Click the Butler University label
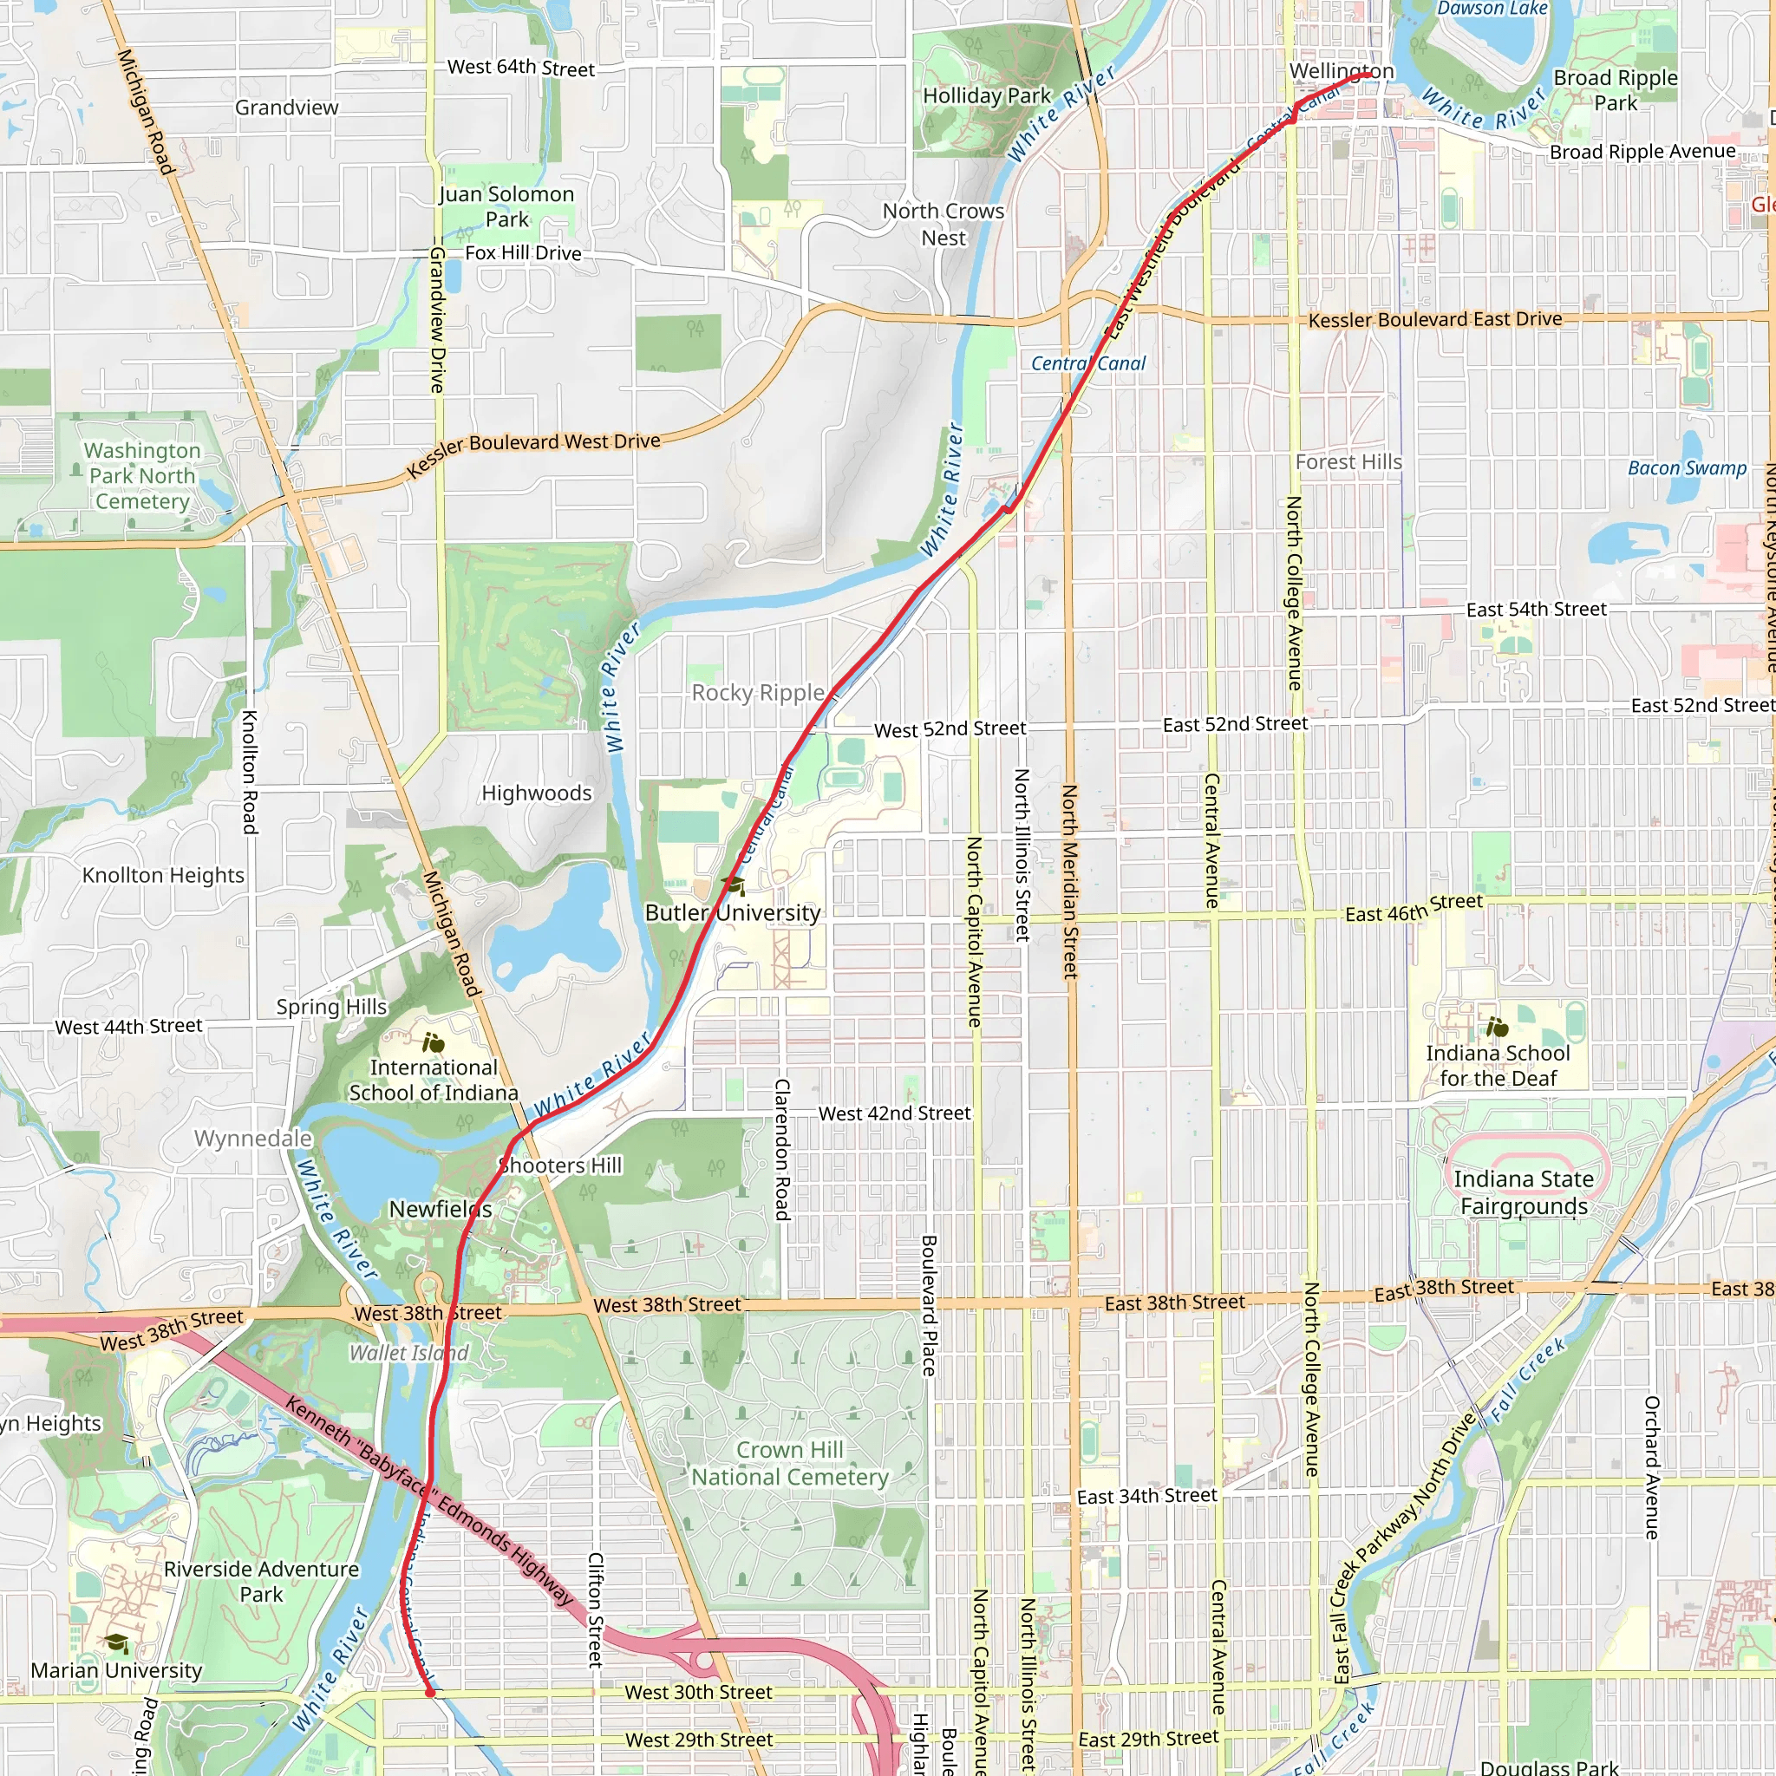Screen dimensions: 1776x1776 [x=733, y=913]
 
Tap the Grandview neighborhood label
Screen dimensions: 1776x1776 [x=287, y=108]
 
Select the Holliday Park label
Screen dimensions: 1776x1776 [x=986, y=95]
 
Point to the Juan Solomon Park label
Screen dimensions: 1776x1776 [x=506, y=207]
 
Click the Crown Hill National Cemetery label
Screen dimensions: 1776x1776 [x=790, y=1463]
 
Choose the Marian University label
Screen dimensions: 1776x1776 [x=117, y=1670]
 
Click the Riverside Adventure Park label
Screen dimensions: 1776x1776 [x=261, y=1581]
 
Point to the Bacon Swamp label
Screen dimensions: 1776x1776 [x=1687, y=468]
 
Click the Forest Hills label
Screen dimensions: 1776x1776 [x=1348, y=462]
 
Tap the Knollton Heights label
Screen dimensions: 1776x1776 [x=164, y=875]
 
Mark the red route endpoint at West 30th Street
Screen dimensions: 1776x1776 [x=429, y=1691]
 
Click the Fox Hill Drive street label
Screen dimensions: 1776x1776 [x=523, y=253]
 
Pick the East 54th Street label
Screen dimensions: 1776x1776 [x=1536, y=610]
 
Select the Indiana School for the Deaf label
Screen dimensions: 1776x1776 [x=1498, y=1066]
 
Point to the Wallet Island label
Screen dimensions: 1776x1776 [x=409, y=1353]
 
